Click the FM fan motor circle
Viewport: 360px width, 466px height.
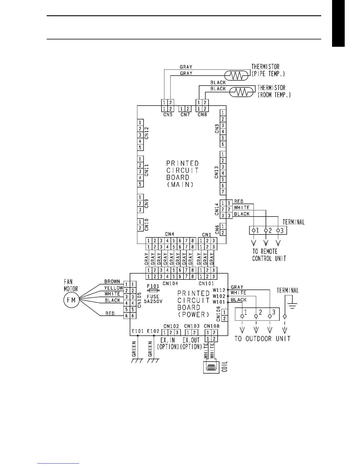[x=71, y=300]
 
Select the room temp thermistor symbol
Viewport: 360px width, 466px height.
[x=242, y=92]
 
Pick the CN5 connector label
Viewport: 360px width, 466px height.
[x=168, y=115]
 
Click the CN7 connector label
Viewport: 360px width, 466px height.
[x=185, y=115]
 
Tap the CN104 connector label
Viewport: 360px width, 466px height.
[x=170, y=283]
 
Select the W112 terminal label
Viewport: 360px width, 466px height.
[x=219, y=290]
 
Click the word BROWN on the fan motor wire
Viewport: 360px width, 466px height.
[x=112, y=282]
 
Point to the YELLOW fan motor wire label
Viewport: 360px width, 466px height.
[x=114, y=288]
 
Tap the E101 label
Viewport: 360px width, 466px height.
[x=137, y=331]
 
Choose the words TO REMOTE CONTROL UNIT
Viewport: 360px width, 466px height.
[x=269, y=255]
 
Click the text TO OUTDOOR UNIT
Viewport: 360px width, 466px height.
[x=262, y=339]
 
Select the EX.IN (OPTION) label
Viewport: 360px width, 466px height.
[x=168, y=343]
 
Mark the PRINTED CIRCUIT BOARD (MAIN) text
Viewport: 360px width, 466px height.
[x=182, y=174]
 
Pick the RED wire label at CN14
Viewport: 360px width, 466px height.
[x=239, y=202]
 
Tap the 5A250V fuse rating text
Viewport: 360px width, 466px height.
[x=153, y=301]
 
